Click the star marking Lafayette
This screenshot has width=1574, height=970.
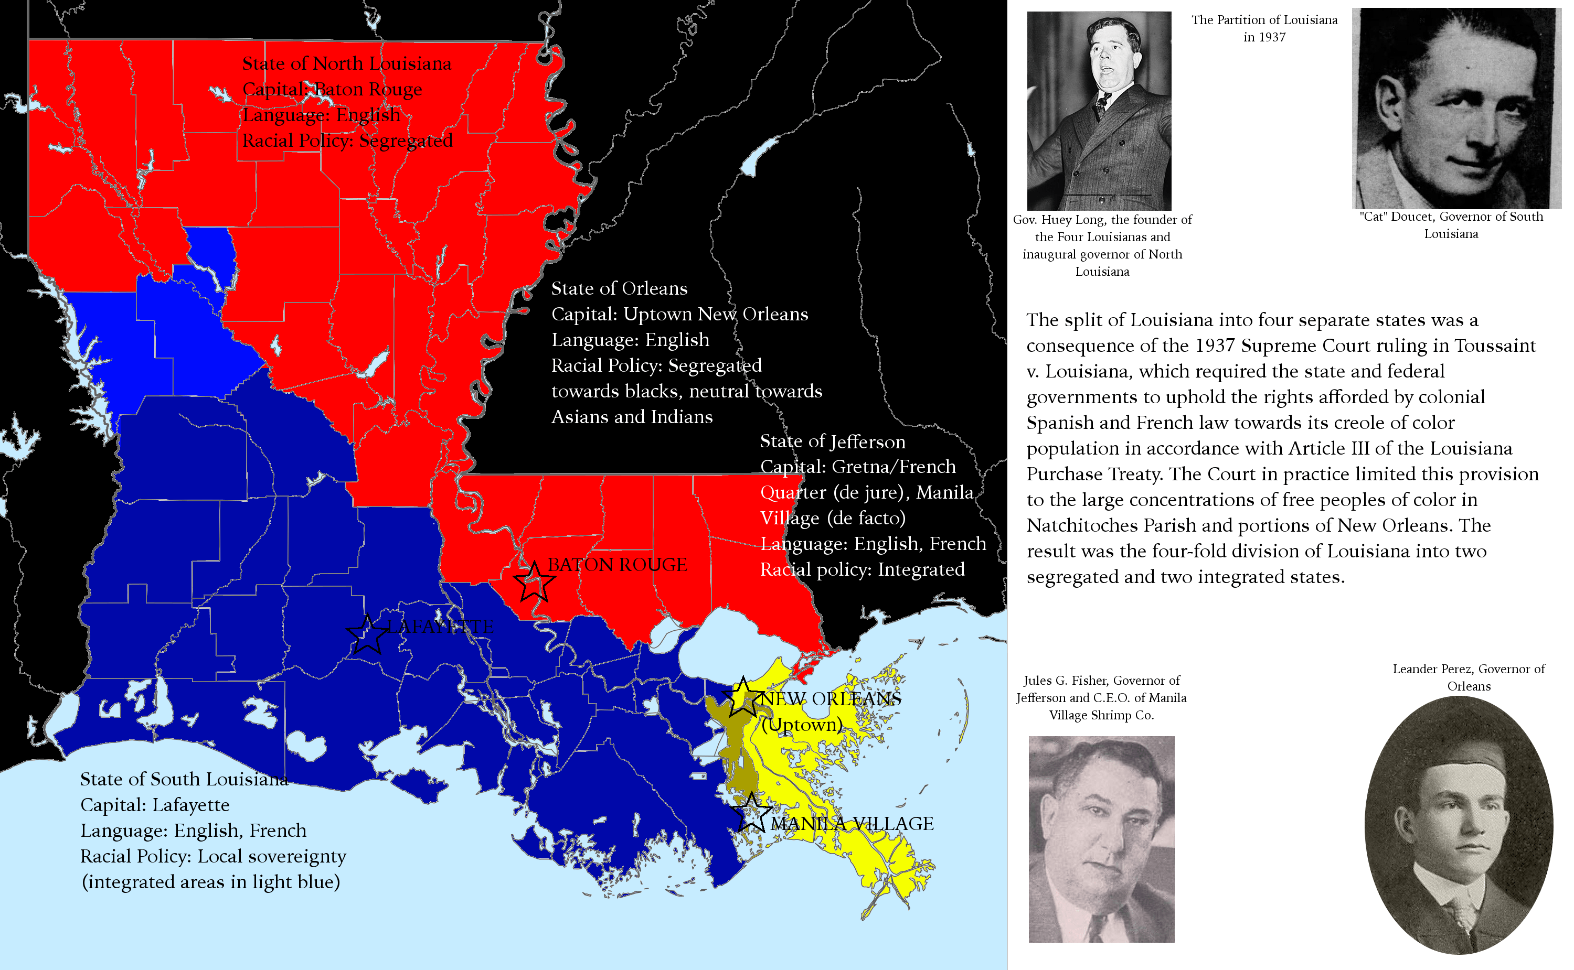(x=367, y=635)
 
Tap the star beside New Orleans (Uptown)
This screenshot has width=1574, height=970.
(x=743, y=697)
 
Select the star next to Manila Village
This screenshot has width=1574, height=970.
(x=750, y=813)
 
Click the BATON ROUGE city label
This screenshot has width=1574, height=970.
(x=617, y=565)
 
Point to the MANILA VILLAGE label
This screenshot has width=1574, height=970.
(x=852, y=823)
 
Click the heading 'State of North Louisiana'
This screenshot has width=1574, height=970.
(x=347, y=63)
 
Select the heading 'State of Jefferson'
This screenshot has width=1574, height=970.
(x=832, y=441)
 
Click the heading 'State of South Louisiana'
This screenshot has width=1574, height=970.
(x=184, y=779)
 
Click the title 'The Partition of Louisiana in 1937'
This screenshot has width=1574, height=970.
(x=1264, y=28)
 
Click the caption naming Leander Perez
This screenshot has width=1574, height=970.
(x=1468, y=677)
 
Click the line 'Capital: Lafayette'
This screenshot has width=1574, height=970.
(x=155, y=804)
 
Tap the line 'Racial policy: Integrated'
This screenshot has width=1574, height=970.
(x=862, y=570)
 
